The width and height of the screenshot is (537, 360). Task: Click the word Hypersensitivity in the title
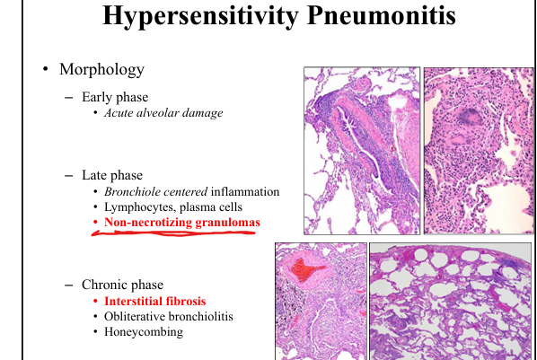200,15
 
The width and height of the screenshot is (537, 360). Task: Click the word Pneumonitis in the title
381,14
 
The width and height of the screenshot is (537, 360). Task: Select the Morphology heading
101,69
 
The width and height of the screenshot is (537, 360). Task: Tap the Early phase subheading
115,97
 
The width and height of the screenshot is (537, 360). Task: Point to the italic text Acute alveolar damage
163,113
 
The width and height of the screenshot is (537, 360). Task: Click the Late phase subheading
112,175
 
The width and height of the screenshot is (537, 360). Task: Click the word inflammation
245,191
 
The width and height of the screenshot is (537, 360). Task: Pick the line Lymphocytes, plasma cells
173,207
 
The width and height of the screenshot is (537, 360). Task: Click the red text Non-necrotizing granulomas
182,223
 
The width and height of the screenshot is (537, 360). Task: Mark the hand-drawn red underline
173,233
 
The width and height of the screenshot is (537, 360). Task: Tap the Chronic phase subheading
122,285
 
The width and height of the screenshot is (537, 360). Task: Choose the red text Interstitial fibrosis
154,301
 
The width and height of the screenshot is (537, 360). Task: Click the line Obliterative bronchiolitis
169,317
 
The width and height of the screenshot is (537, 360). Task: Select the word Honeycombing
144,332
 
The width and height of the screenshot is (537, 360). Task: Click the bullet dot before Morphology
46,69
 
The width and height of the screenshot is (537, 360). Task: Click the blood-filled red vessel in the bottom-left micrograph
306,269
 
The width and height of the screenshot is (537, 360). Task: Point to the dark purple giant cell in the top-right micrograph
470,116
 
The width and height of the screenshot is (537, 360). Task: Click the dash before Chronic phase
68,285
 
